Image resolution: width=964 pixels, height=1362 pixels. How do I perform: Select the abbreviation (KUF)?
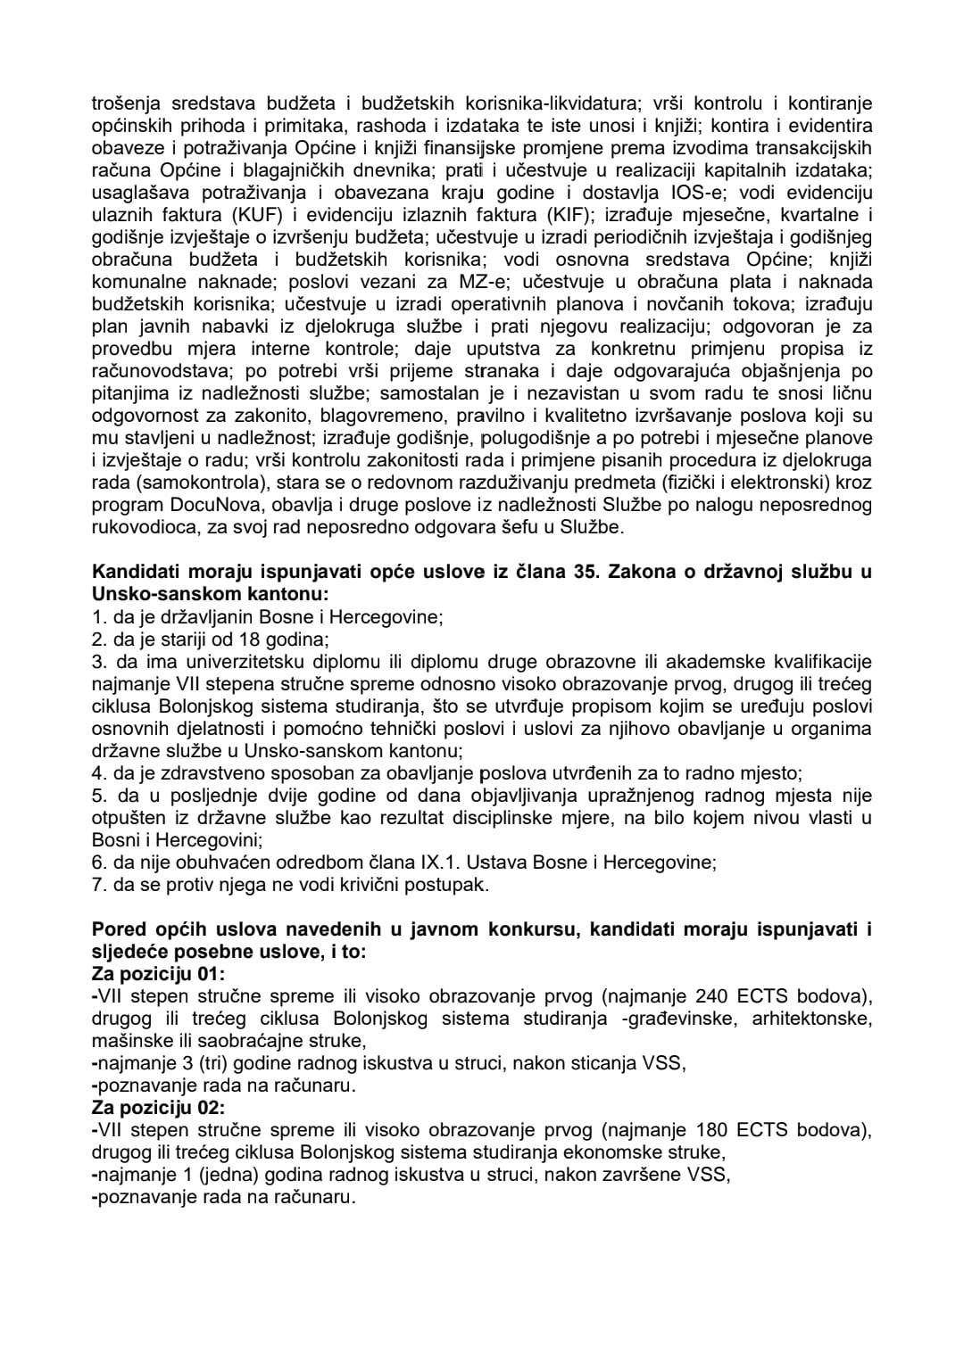click(233, 215)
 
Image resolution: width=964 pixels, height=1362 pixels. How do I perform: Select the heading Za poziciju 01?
click(159, 974)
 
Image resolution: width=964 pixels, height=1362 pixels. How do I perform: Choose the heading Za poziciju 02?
click(159, 1108)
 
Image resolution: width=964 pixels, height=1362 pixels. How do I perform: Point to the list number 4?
click(98, 773)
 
